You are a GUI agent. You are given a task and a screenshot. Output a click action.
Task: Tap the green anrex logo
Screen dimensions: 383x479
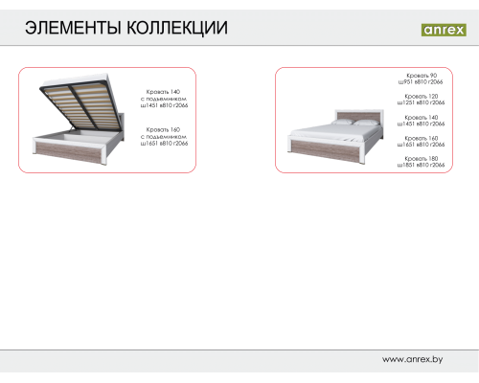[x=444, y=29]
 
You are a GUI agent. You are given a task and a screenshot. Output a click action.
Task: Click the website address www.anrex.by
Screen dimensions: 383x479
[x=413, y=359]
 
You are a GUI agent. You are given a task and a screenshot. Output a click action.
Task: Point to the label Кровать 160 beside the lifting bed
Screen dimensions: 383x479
[x=163, y=129]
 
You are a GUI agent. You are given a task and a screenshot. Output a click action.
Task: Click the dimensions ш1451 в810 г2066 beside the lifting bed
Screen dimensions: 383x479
[x=164, y=105]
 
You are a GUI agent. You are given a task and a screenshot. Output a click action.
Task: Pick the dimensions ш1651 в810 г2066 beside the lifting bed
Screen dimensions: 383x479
[x=164, y=144]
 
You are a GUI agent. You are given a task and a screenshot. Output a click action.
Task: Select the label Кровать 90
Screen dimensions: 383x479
[x=422, y=75]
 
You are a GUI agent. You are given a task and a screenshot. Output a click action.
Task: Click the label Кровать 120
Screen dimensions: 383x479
[x=422, y=96]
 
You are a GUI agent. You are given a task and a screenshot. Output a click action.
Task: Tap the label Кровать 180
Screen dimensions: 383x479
[x=422, y=158]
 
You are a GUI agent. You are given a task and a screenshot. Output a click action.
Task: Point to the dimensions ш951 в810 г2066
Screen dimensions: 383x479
[x=422, y=81]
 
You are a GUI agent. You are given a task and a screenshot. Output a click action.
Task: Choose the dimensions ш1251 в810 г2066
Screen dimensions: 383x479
[x=422, y=102]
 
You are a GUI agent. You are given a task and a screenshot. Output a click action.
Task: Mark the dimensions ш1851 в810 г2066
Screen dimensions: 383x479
[x=422, y=165]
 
